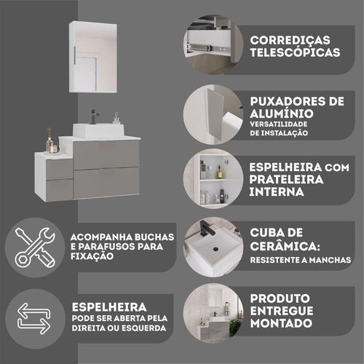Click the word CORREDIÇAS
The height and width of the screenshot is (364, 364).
point(290,41)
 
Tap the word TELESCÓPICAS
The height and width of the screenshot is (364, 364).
point(295,52)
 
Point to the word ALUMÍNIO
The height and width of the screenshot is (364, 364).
point(282,114)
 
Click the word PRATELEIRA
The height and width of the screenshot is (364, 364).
point(286,179)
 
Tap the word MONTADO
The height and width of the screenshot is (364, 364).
point(281,323)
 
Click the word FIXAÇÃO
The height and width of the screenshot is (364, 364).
point(92,256)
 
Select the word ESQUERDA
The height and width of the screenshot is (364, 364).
point(143,328)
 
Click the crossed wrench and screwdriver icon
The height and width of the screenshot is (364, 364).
point(35,248)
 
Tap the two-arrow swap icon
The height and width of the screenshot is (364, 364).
point(34,318)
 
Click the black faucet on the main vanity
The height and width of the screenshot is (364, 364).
point(94,116)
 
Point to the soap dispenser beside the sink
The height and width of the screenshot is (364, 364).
point(116,118)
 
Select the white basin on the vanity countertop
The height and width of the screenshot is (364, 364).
point(98,130)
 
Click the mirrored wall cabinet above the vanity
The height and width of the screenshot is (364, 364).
point(93,57)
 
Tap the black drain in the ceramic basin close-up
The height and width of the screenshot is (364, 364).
point(215,249)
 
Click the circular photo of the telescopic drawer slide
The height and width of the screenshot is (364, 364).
point(213,44)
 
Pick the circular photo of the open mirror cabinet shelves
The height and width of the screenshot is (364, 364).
point(213,178)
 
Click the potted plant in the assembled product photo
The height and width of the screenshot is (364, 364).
point(234,328)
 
